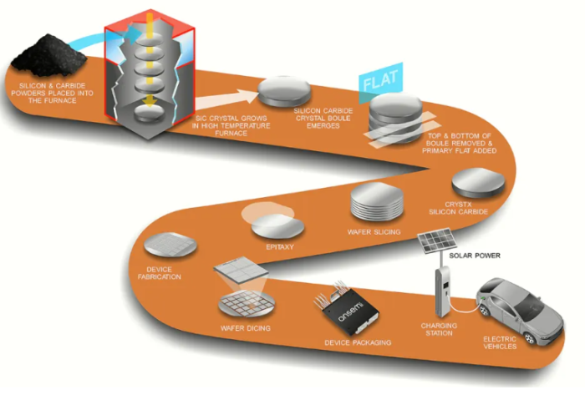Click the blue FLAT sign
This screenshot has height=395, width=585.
381,81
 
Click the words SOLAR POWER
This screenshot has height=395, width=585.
475,256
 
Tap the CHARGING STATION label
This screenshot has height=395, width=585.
439,329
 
